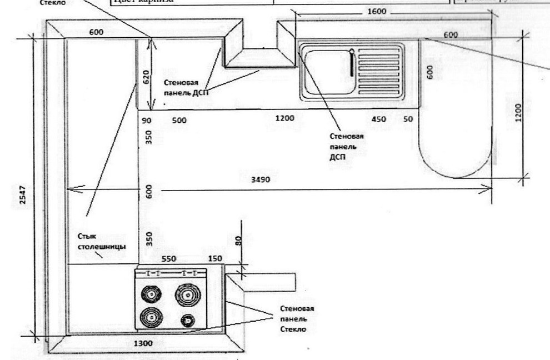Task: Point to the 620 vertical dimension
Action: (x=146, y=77)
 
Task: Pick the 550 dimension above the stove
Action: (x=169, y=259)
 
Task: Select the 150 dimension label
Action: (x=215, y=259)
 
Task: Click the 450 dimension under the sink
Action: (x=379, y=119)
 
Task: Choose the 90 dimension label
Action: (x=147, y=119)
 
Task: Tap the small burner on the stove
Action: (x=188, y=320)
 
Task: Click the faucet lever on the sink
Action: (x=352, y=63)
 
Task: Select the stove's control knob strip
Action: (x=171, y=273)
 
